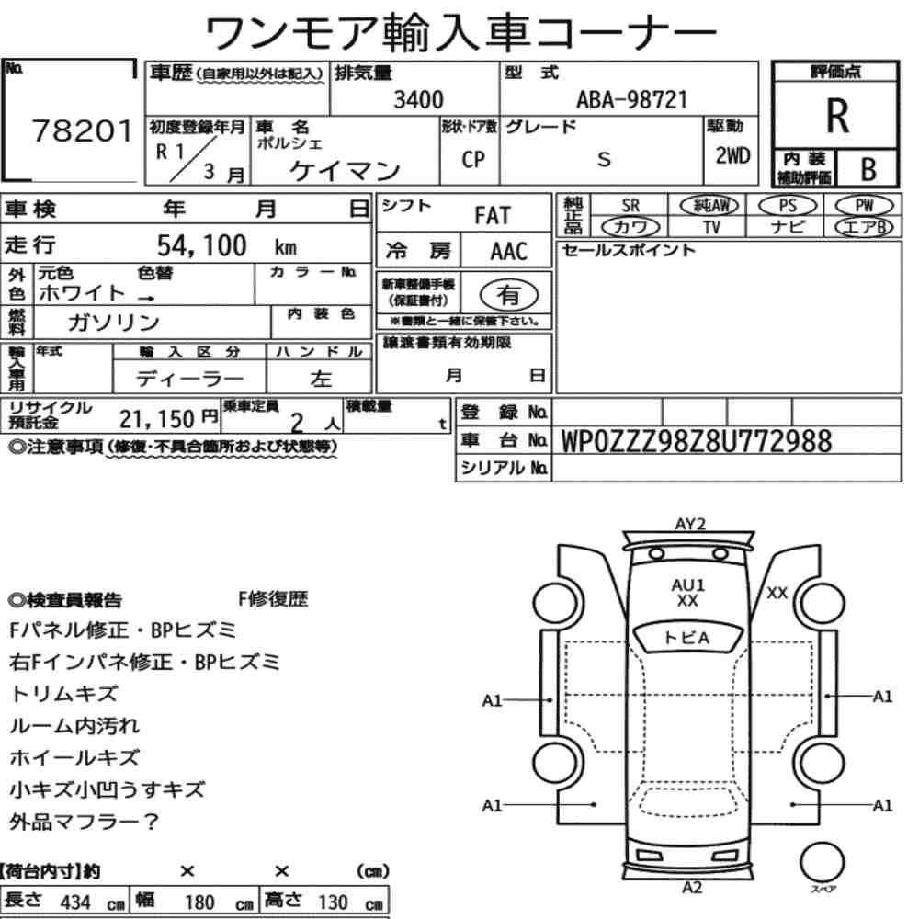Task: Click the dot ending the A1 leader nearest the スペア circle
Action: (792, 805)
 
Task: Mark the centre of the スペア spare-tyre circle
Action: (822, 863)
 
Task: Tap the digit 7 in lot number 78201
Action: (42, 130)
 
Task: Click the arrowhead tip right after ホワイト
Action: (154, 299)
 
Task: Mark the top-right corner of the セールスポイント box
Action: (902, 241)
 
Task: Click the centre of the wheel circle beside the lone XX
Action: (823, 604)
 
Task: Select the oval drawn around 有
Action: (509, 295)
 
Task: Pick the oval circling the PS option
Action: (788, 206)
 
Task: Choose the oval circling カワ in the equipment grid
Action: (630, 227)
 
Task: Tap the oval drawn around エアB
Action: (864, 227)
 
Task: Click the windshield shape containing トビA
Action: (687, 637)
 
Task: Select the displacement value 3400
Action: (418, 99)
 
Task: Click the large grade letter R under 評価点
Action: (837, 116)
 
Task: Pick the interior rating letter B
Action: (868, 169)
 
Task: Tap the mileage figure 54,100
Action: (201, 245)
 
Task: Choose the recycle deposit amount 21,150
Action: (156, 419)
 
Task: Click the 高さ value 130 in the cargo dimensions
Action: (333, 902)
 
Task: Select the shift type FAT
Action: (493, 215)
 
